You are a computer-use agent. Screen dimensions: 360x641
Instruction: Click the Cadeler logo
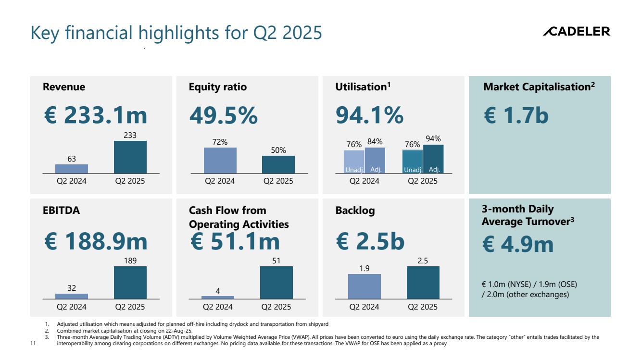pyautogui.click(x=576, y=32)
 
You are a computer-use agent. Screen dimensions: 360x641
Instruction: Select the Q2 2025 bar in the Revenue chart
pyautogui.click(x=130, y=157)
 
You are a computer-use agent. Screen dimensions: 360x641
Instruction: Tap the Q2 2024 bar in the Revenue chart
pyautogui.click(x=72, y=169)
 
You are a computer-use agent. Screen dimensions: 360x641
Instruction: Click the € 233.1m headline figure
pyautogui.click(x=95, y=116)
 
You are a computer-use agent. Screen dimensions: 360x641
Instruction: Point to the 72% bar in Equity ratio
pyautogui.click(x=220, y=160)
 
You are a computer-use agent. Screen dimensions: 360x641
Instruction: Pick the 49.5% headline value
pyautogui.click(x=223, y=116)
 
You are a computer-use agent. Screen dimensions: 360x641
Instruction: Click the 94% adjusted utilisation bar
pyautogui.click(x=433, y=159)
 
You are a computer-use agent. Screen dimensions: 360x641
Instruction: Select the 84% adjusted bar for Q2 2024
pyautogui.click(x=375, y=160)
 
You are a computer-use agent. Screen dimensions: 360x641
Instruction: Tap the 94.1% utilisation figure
pyautogui.click(x=369, y=116)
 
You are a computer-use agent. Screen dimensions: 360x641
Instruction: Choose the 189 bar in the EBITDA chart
pyautogui.click(x=130, y=283)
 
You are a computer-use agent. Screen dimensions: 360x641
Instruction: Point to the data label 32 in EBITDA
pyautogui.click(x=72, y=288)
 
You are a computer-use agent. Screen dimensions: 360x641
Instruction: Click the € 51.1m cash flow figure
pyautogui.click(x=235, y=241)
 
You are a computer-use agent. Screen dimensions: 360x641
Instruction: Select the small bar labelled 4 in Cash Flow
pyautogui.click(x=218, y=298)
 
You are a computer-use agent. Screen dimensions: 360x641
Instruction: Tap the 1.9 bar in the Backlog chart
pyautogui.click(x=364, y=286)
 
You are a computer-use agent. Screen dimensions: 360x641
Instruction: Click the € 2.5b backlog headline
pyautogui.click(x=370, y=241)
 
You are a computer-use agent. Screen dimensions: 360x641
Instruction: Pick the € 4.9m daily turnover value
pyautogui.click(x=518, y=244)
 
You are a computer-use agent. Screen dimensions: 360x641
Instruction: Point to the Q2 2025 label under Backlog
pyautogui.click(x=423, y=307)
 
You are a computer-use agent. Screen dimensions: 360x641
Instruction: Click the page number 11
pyautogui.click(x=33, y=344)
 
